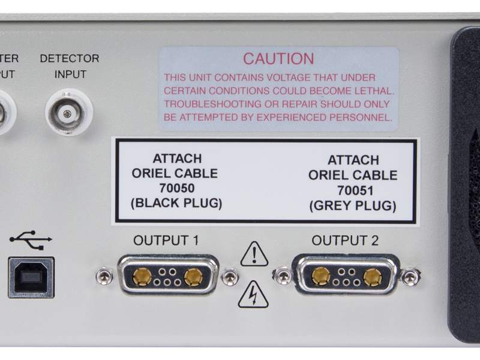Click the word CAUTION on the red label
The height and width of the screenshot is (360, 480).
278,59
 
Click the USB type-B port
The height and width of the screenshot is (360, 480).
31,277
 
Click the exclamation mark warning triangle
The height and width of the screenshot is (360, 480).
254,254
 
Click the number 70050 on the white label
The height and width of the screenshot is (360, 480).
176,188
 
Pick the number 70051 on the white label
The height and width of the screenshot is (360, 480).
353,191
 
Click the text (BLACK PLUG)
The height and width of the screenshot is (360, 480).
176,203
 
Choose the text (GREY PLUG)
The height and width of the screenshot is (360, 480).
353,206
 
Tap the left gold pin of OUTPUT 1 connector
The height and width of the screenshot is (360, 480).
142,277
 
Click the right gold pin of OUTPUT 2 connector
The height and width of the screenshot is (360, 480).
373,277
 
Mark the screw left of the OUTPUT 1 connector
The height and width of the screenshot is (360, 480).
104,277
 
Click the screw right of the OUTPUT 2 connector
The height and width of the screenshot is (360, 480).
410,277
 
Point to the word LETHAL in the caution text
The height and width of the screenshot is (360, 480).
374,91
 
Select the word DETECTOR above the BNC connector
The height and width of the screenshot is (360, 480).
69,59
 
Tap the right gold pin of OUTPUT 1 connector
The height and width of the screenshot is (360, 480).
193,277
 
